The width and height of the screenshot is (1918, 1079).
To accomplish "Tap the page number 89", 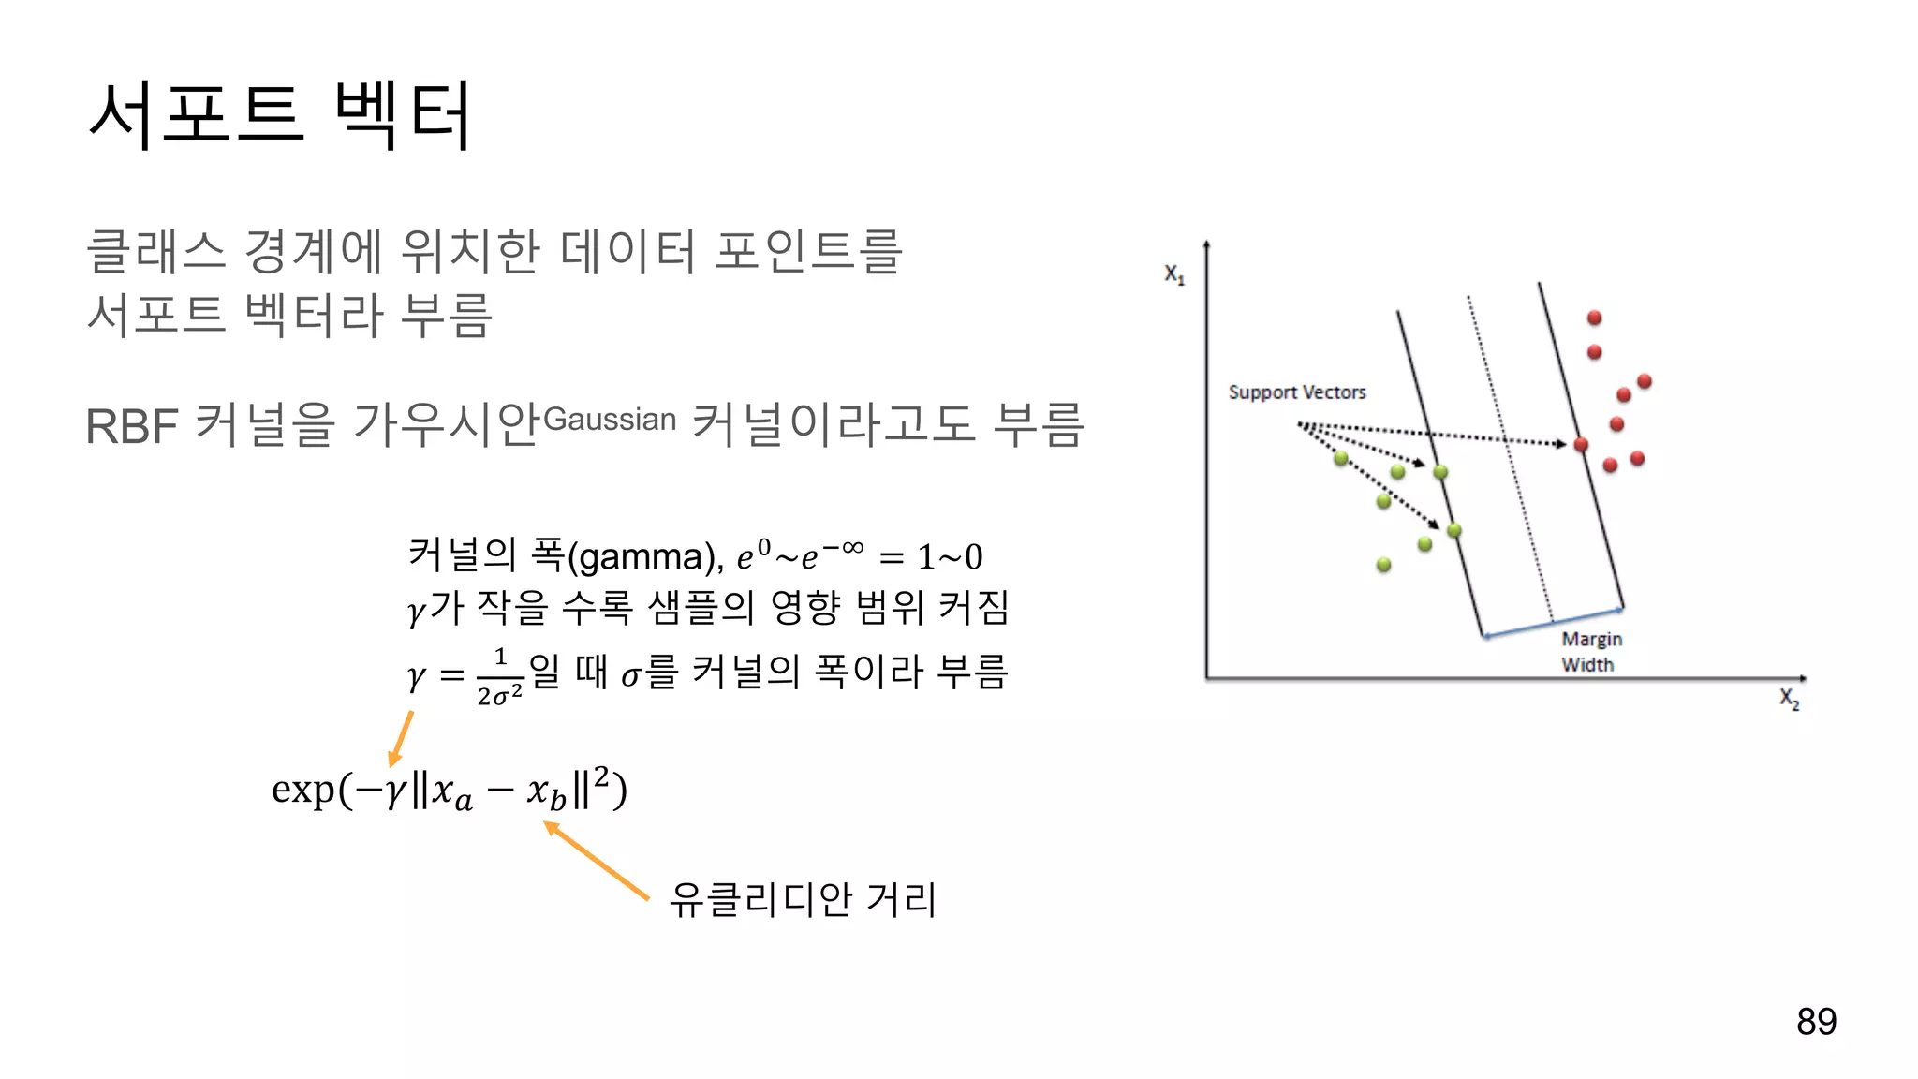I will coord(1816,1021).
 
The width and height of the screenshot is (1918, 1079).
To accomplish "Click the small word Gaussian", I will coord(610,420).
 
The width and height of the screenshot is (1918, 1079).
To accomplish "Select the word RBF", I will coord(132,427).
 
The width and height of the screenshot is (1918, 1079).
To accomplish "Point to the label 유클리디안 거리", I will coord(803,900).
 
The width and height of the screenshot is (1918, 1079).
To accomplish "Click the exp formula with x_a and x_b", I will coord(449,790).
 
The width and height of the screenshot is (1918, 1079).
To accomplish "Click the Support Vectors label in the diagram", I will coord(1297,392).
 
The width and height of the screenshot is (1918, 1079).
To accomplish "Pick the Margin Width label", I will coord(1591,651).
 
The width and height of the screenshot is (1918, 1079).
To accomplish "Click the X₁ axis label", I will coord(1174,273).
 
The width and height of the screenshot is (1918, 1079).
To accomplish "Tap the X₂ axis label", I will coord(1790,699).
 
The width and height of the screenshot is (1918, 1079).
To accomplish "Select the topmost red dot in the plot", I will coord(1594,318).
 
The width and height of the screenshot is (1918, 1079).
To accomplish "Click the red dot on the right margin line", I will coord(1581,444).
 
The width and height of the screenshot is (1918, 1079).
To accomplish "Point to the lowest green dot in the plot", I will coord(1384,565).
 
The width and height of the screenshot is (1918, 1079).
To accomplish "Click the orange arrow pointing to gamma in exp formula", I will coord(402,738).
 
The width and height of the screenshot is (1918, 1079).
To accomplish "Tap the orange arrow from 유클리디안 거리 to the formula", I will coord(596,860).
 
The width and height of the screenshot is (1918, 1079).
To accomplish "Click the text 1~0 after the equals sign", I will coord(950,557).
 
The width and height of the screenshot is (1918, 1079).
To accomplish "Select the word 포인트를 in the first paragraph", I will coord(808,251).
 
